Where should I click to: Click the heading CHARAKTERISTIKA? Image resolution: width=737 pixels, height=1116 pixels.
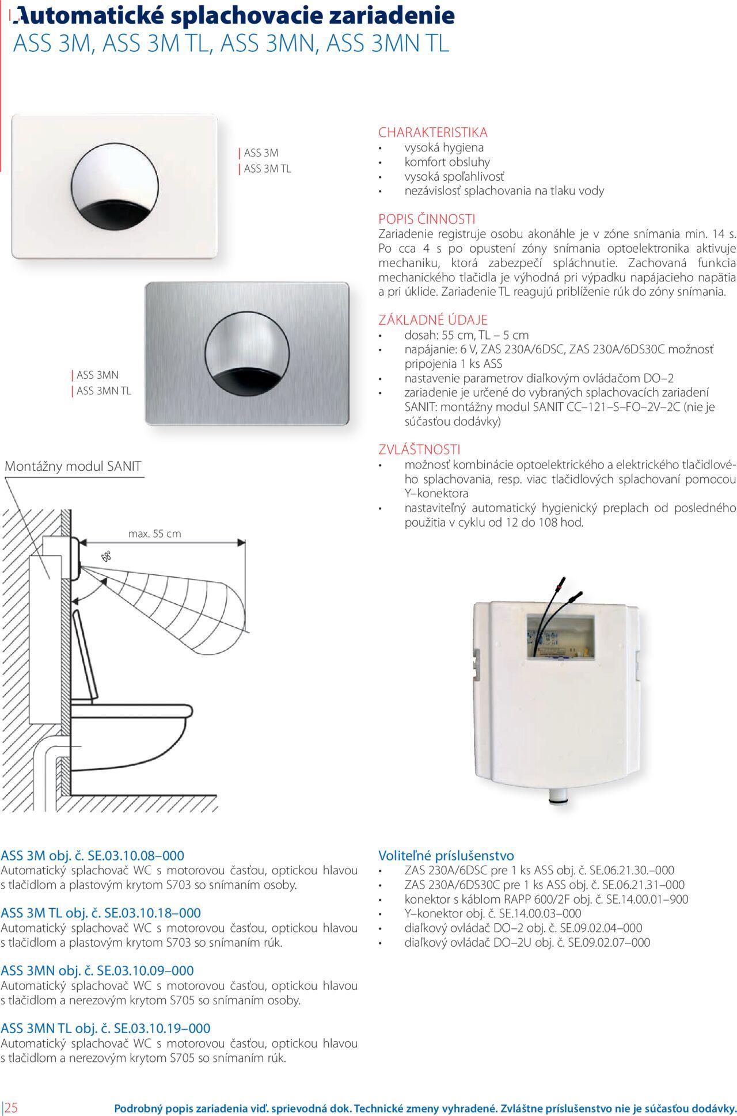(432, 132)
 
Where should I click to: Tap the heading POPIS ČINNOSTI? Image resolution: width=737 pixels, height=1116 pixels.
(427, 219)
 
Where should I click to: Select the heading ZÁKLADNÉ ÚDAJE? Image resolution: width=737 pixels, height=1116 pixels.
(432, 320)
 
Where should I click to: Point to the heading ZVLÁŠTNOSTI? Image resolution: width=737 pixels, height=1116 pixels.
(419, 450)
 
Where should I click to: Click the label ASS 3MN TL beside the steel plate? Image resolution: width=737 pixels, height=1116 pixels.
(104, 391)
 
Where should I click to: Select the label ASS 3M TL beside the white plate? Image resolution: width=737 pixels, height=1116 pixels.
(267, 169)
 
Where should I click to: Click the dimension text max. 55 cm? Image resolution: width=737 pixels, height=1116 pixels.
(154, 534)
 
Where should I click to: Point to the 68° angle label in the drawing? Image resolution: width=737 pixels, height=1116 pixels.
(107, 557)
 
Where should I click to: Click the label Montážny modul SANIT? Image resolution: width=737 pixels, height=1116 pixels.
(73, 467)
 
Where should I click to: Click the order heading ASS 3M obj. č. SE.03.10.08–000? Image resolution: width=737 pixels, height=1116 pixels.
(93, 855)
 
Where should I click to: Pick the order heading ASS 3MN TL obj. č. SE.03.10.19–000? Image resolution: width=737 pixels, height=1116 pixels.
(105, 1028)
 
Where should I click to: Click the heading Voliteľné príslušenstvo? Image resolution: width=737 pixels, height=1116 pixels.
(446, 855)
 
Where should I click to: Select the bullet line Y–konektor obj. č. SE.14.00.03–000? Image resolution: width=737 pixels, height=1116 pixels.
(493, 913)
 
